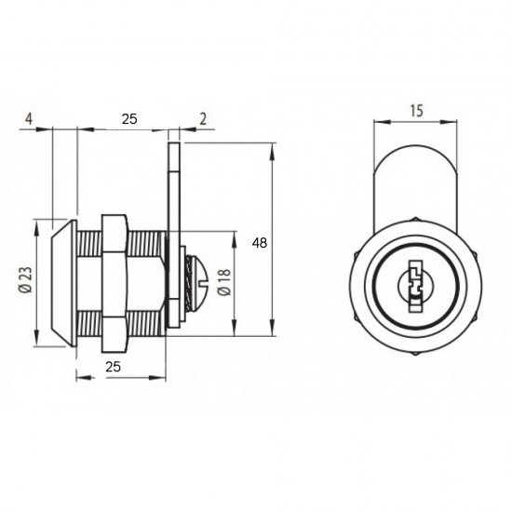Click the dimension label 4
(31, 118)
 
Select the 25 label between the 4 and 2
(128, 118)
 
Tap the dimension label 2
(202, 118)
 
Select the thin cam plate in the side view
(172, 233)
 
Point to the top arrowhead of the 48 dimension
(273, 148)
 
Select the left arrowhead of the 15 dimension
(376, 121)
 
